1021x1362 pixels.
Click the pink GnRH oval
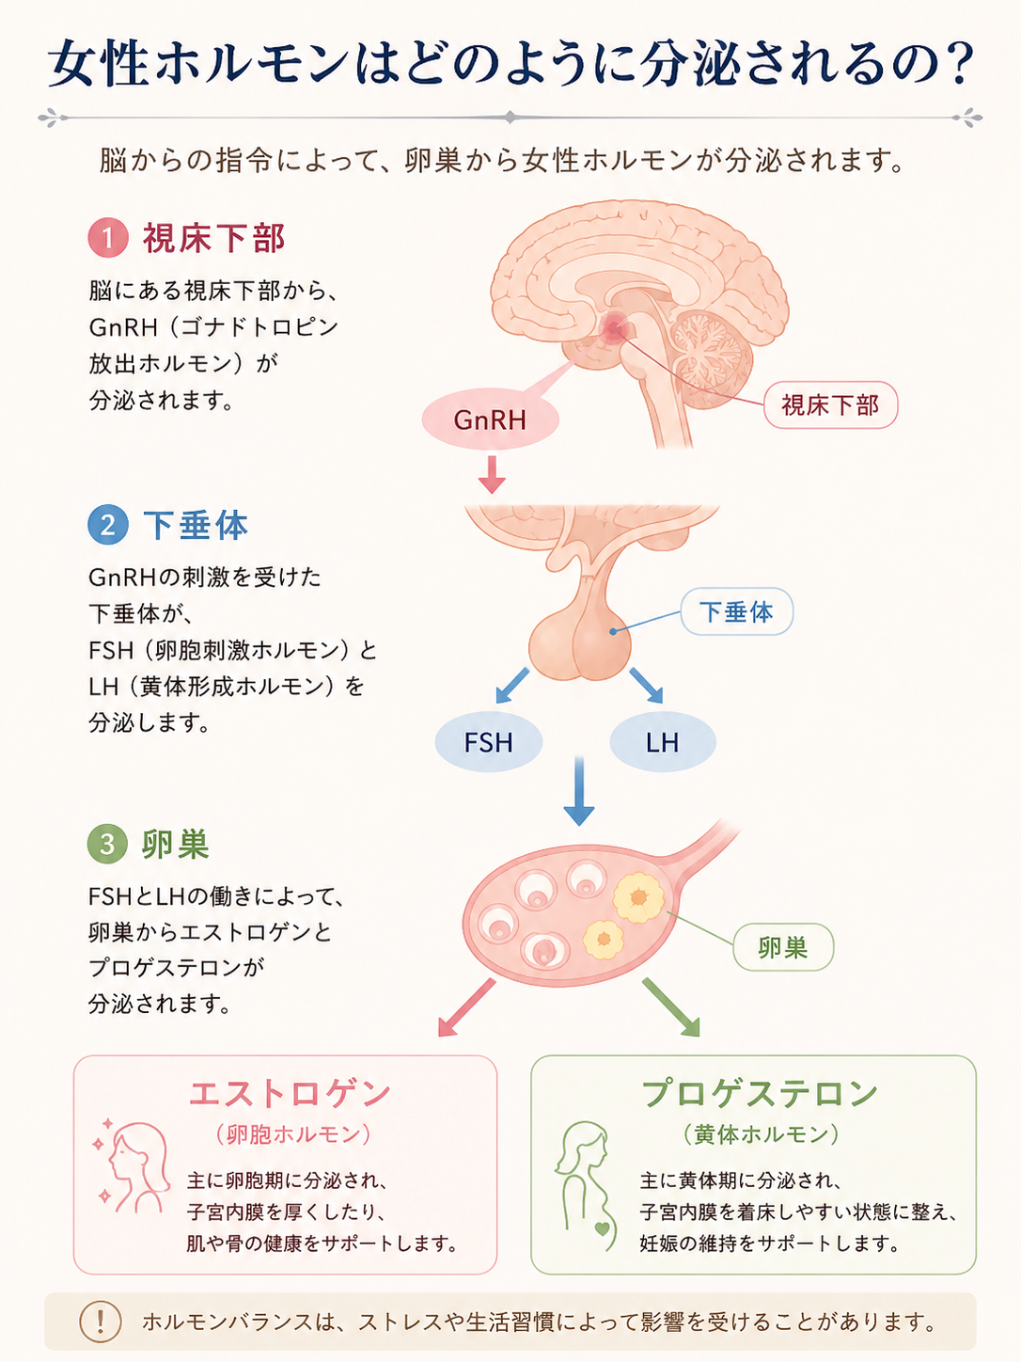pos(491,420)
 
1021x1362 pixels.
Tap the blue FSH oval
pos(489,742)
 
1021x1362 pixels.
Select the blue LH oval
pos(663,742)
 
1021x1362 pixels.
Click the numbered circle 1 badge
pos(108,238)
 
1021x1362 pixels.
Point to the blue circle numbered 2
pos(108,525)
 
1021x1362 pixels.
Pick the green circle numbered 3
pos(107,844)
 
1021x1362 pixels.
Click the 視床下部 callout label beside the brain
pos(831,405)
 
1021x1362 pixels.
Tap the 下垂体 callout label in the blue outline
pos(736,611)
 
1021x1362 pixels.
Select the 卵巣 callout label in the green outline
pos(783,947)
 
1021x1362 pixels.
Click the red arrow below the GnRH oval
pos(492,475)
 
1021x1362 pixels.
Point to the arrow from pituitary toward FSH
pos(512,686)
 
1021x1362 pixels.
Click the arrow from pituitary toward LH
pos(647,686)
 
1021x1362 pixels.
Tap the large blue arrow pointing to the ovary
pos(579,791)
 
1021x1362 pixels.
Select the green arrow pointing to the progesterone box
pos(671,1007)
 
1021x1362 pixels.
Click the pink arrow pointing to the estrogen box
pos(467,1007)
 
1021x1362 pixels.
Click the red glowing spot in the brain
pos(614,328)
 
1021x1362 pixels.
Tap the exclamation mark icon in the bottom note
pos(101,1322)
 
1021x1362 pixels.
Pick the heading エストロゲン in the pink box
pos(290,1094)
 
